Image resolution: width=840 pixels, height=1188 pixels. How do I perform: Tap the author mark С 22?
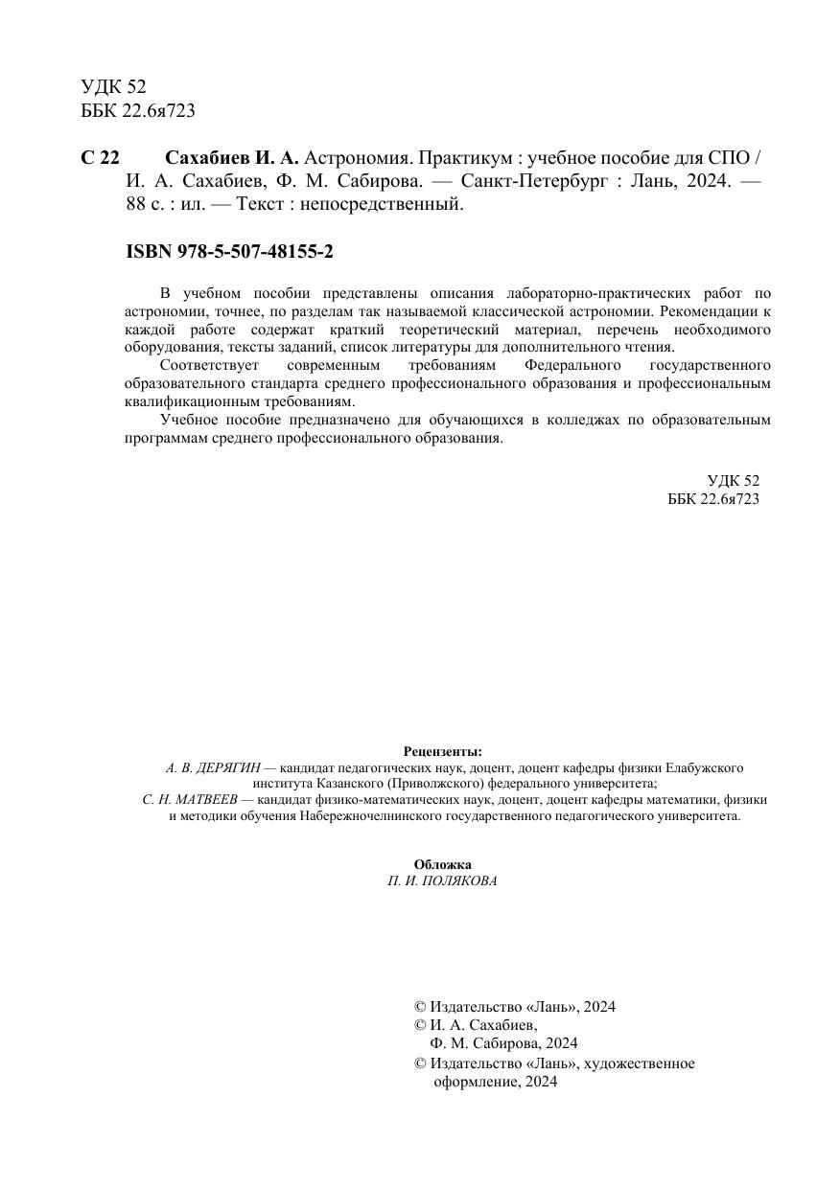100,158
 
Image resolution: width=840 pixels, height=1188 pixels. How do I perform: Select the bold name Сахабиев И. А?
233,158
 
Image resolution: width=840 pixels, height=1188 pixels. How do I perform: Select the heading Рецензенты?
442,752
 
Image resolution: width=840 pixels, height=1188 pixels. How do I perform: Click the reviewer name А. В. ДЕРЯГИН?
213,768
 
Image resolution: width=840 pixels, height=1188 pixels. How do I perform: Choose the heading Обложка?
442,864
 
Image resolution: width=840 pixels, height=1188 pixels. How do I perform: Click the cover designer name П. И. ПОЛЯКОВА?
442,881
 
